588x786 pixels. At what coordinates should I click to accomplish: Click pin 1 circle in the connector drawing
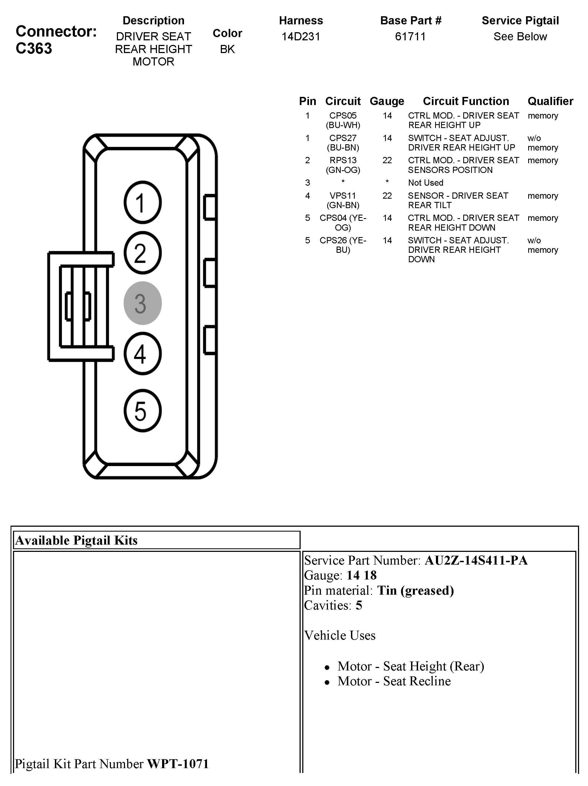tap(143, 202)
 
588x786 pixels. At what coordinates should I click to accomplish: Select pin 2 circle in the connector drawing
tap(143, 253)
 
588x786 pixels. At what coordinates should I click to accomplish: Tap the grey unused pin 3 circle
tap(143, 303)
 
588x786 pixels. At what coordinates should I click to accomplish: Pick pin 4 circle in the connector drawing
tap(143, 353)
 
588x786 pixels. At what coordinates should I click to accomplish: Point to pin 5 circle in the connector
tap(143, 411)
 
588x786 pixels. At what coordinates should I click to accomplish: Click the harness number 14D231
tap(301, 37)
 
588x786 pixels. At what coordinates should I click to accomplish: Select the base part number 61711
tap(410, 37)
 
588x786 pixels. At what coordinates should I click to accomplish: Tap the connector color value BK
tap(227, 49)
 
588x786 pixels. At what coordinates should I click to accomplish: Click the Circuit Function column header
tap(466, 101)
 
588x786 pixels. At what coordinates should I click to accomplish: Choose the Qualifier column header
tap(550, 101)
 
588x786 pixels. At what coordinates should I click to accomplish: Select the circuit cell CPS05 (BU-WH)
tap(343, 120)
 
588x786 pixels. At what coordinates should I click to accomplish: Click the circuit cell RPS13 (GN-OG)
tap(343, 165)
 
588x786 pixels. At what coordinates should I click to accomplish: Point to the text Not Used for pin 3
tap(426, 183)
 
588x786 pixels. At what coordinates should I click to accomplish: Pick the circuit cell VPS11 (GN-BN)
tap(343, 200)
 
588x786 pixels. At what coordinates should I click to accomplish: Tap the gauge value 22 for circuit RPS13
tap(387, 160)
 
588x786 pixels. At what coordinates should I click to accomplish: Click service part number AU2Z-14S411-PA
tap(476, 560)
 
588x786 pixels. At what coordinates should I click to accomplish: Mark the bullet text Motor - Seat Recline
tap(394, 681)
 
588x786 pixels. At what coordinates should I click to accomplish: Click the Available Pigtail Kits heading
tap(76, 541)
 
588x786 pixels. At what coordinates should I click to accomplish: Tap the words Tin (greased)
tap(415, 591)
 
